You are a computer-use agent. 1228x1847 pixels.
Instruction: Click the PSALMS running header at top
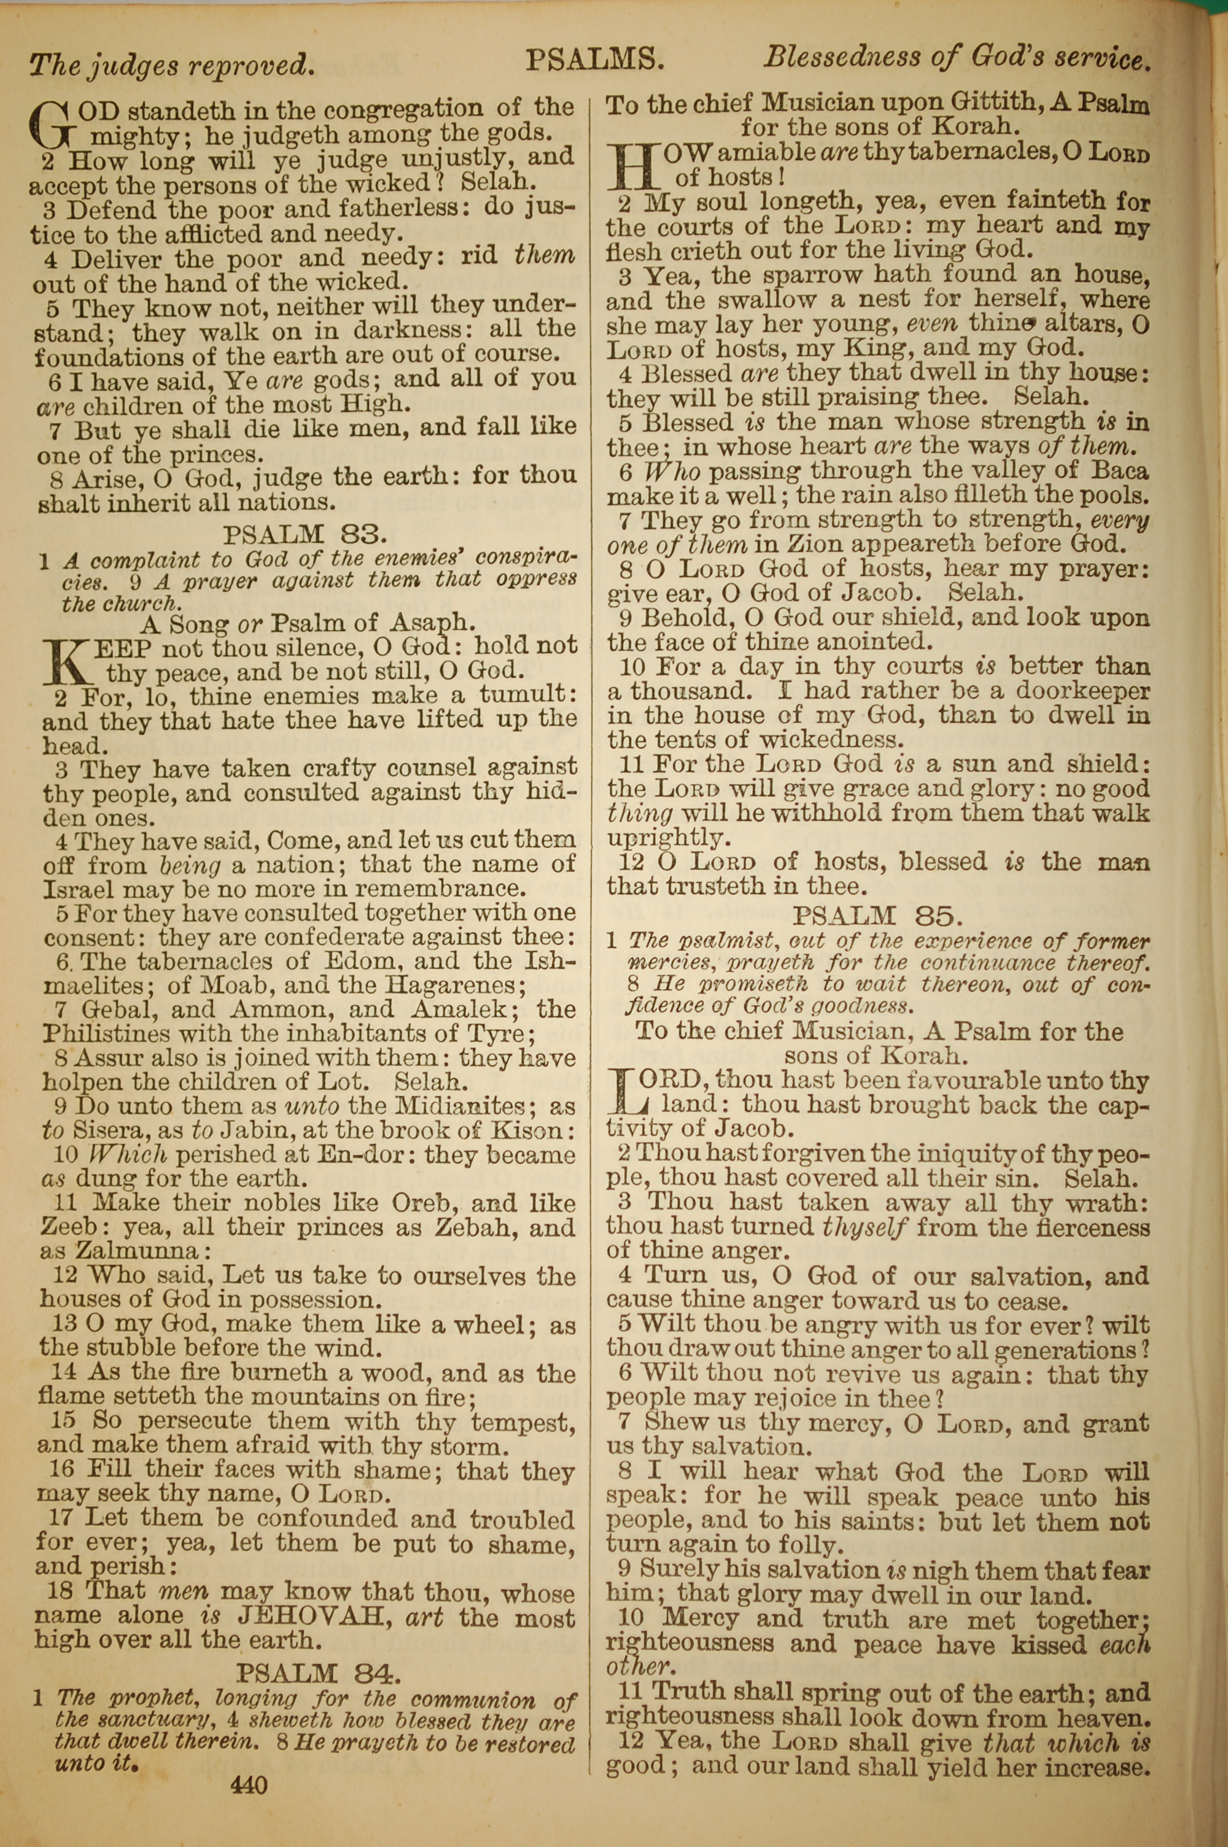click(x=594, y=60)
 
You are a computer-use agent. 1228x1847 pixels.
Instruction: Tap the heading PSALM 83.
click(x=305, y=535)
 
